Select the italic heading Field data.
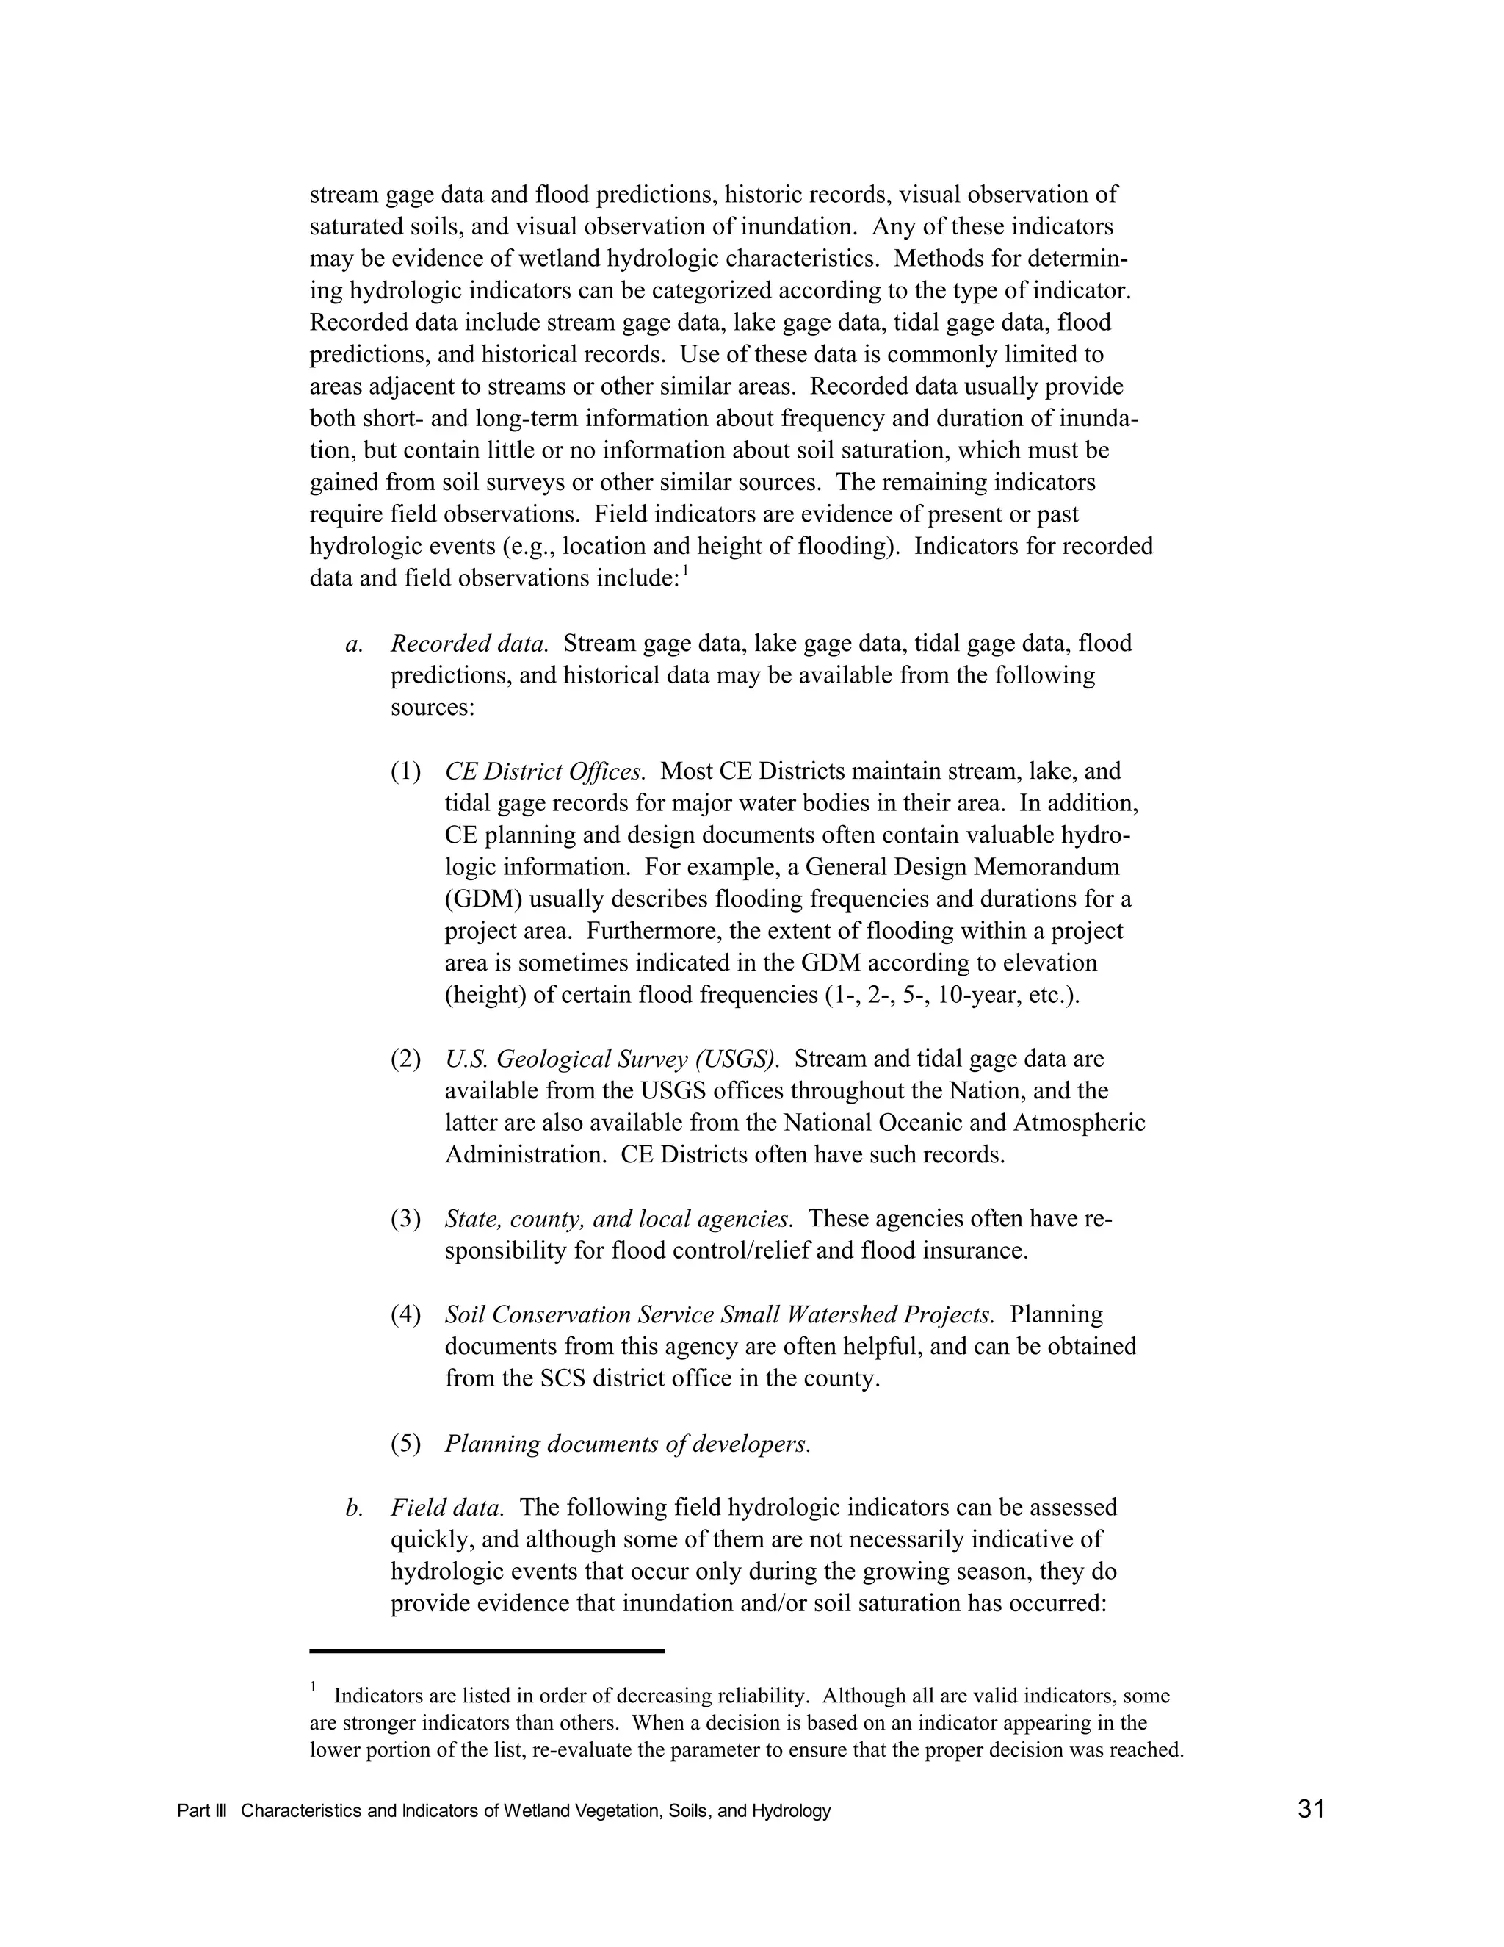pos(447,1507)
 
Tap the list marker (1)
pos(405,771)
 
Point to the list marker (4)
pos(405,1314)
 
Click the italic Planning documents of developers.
pos(628,1443)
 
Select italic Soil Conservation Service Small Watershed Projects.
pos(719,1314)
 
